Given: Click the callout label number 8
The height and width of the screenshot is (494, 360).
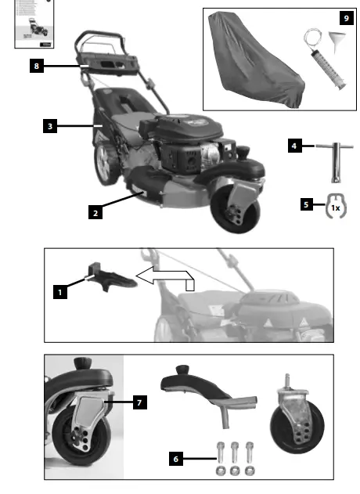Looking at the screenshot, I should pyautogui.click(x=37, y=67).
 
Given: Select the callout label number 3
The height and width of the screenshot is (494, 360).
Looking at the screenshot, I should pyautogui.click(x=49, y=125).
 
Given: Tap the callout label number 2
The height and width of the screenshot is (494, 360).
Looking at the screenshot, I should pyautogui.click(x=95, y=212).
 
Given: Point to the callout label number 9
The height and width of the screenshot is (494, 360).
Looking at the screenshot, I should pyautogui.click(x=346, y=17).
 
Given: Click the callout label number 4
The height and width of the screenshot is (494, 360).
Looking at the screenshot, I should pyautogui.click(x=294, y=146).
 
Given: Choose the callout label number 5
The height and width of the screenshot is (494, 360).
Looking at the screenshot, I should pyautogui.click(x=305, y=206).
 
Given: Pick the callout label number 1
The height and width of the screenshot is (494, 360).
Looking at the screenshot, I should pyautogui.click(x=59, y=292).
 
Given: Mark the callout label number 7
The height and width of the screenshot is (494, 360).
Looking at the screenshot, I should pyautogui.click(x=139, y=402).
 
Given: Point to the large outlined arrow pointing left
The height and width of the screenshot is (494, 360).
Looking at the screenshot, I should pyautogui.click(x=164, y=276).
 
